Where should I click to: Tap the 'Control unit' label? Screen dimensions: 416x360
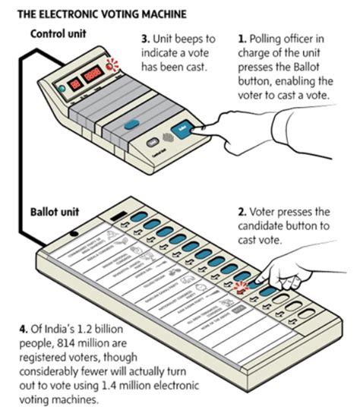pyautogui.click(x=58, y=33)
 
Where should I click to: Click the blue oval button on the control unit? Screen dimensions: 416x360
pyautogui.click(x=132, y=124)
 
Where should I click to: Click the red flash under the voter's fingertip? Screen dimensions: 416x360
pyautogui.click(x=242, y=287)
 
